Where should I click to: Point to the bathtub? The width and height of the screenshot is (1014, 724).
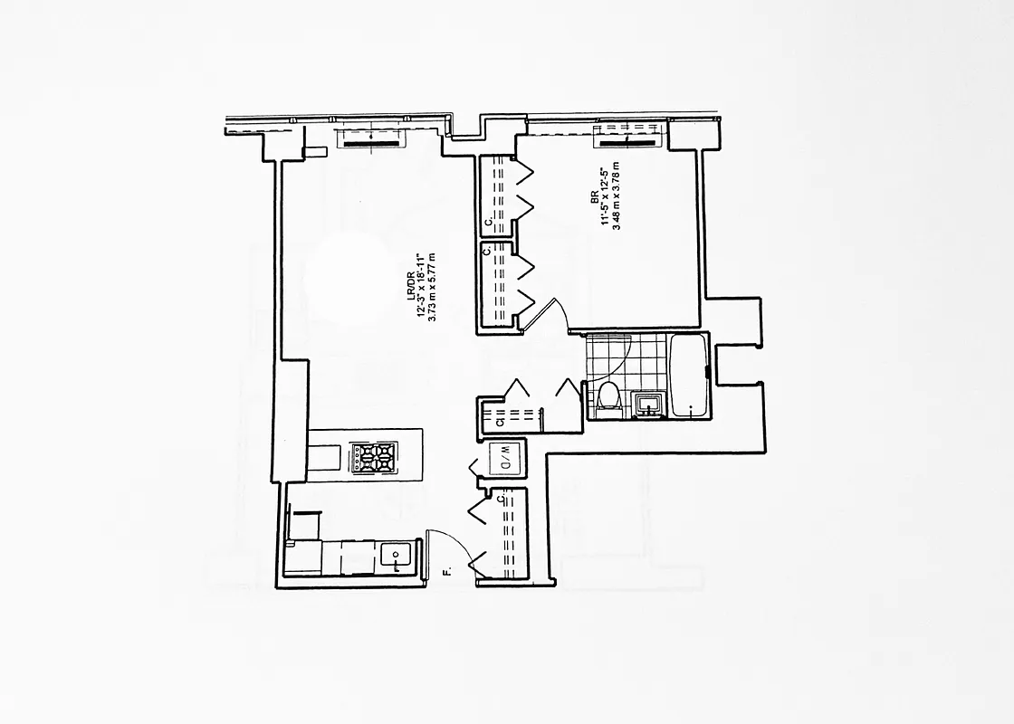689,376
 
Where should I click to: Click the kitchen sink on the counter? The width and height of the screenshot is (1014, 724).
397,556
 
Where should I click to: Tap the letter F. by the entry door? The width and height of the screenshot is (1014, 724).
446,571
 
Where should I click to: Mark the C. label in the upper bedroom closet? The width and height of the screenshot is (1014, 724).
487,220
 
